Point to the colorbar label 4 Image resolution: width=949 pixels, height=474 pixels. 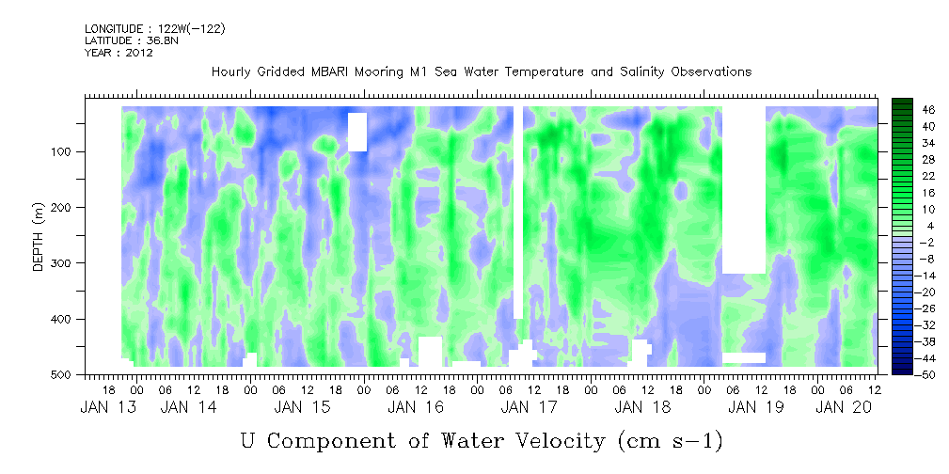(x=906, y=226)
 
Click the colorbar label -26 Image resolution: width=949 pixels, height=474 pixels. (x=900, y=308)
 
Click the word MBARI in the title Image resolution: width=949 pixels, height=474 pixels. (x=335, y=72)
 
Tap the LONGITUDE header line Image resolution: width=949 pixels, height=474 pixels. (x=154, y=29)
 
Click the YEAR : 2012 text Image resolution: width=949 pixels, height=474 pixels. (x=119, y=53)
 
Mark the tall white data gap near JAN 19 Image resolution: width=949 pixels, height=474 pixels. (x=743, y=188)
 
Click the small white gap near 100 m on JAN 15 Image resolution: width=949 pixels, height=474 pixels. (x=357, y=131)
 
